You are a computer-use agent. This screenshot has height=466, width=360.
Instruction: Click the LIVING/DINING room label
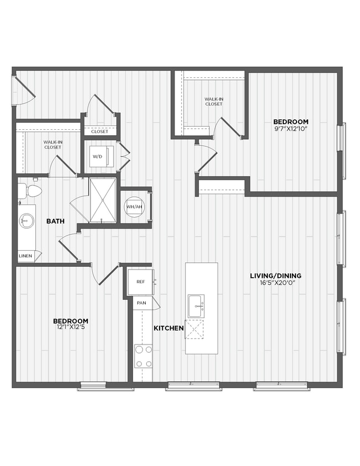pos(276,276)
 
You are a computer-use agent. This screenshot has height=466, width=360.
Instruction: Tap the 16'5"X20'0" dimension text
pos(276,283)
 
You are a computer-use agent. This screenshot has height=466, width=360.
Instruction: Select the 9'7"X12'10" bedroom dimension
pos(290,129)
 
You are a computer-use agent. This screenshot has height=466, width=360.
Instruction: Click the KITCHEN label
pos(168,328)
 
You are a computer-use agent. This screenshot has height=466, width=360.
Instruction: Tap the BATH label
pos(55,221)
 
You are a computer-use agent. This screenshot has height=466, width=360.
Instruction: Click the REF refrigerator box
pos(140,282)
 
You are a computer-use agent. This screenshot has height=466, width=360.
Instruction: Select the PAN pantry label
pos(141,303)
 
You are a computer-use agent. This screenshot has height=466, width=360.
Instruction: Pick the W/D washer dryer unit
pos(98,157)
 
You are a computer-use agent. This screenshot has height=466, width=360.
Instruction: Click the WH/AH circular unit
pos(135,206)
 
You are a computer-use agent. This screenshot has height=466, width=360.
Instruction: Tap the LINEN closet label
pos(25,256)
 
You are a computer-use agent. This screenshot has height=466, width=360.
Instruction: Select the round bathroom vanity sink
pos(26,222)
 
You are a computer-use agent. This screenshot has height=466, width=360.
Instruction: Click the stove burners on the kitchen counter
pos(143,356)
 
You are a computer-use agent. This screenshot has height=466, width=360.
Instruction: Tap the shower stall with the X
pos(103,199)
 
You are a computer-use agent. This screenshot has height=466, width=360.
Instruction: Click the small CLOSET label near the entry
pos(99,131)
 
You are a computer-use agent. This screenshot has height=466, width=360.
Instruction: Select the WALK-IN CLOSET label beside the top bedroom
pos(214,101)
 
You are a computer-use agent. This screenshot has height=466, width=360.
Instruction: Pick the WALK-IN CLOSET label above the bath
pos(52,145)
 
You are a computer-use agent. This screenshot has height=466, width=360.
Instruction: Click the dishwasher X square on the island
pos(194,329)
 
